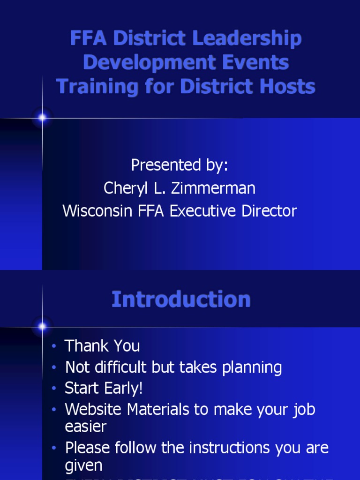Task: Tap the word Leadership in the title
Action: (x=247, y=38)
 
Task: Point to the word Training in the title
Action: (x=97, y=87)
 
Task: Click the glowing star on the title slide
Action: (x=42, y=118)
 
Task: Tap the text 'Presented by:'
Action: (x=180, y=165)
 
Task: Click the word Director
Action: (x=269, y=211)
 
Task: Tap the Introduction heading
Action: (x=181, y=300)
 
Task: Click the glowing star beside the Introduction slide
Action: (x=42, y=326)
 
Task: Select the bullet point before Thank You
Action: (x=54, y=346)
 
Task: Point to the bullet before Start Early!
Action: (x=54, y=389)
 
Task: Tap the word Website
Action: (x=94, y=409)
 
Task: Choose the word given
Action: (x=84, y=465)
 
